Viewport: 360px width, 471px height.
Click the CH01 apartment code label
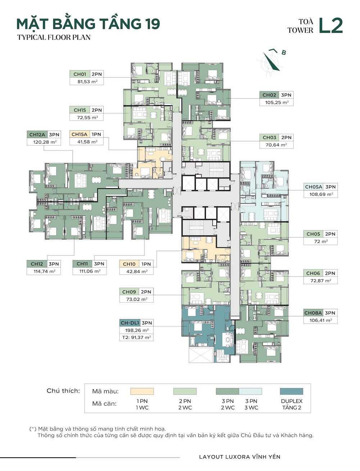pos(80,74)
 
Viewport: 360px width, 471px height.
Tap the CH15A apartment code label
pos(80,134)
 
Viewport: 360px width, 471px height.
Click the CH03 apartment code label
pos(269,137)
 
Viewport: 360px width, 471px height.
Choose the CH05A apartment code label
pos(314,187)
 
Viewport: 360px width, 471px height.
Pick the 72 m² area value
pos(321,241)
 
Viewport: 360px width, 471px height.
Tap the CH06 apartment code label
pos(313,273)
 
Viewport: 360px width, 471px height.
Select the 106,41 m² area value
pos(321,320)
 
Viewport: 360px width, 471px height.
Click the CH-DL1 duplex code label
pos(130,323)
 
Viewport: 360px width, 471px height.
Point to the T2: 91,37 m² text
pos(136,338)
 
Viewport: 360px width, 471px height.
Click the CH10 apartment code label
pos(129,264)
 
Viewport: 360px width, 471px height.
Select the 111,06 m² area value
pos(90,271)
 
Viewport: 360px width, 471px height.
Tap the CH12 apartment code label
pos(37,264)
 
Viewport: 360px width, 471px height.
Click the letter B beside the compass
pos(284,53)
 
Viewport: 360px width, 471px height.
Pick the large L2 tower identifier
pos(330,25)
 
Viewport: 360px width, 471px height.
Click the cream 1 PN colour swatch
pos(142,391)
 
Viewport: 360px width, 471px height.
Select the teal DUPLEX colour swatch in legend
pos(292,391)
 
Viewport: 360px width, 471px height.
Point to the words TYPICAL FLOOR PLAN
pos(54,37)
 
